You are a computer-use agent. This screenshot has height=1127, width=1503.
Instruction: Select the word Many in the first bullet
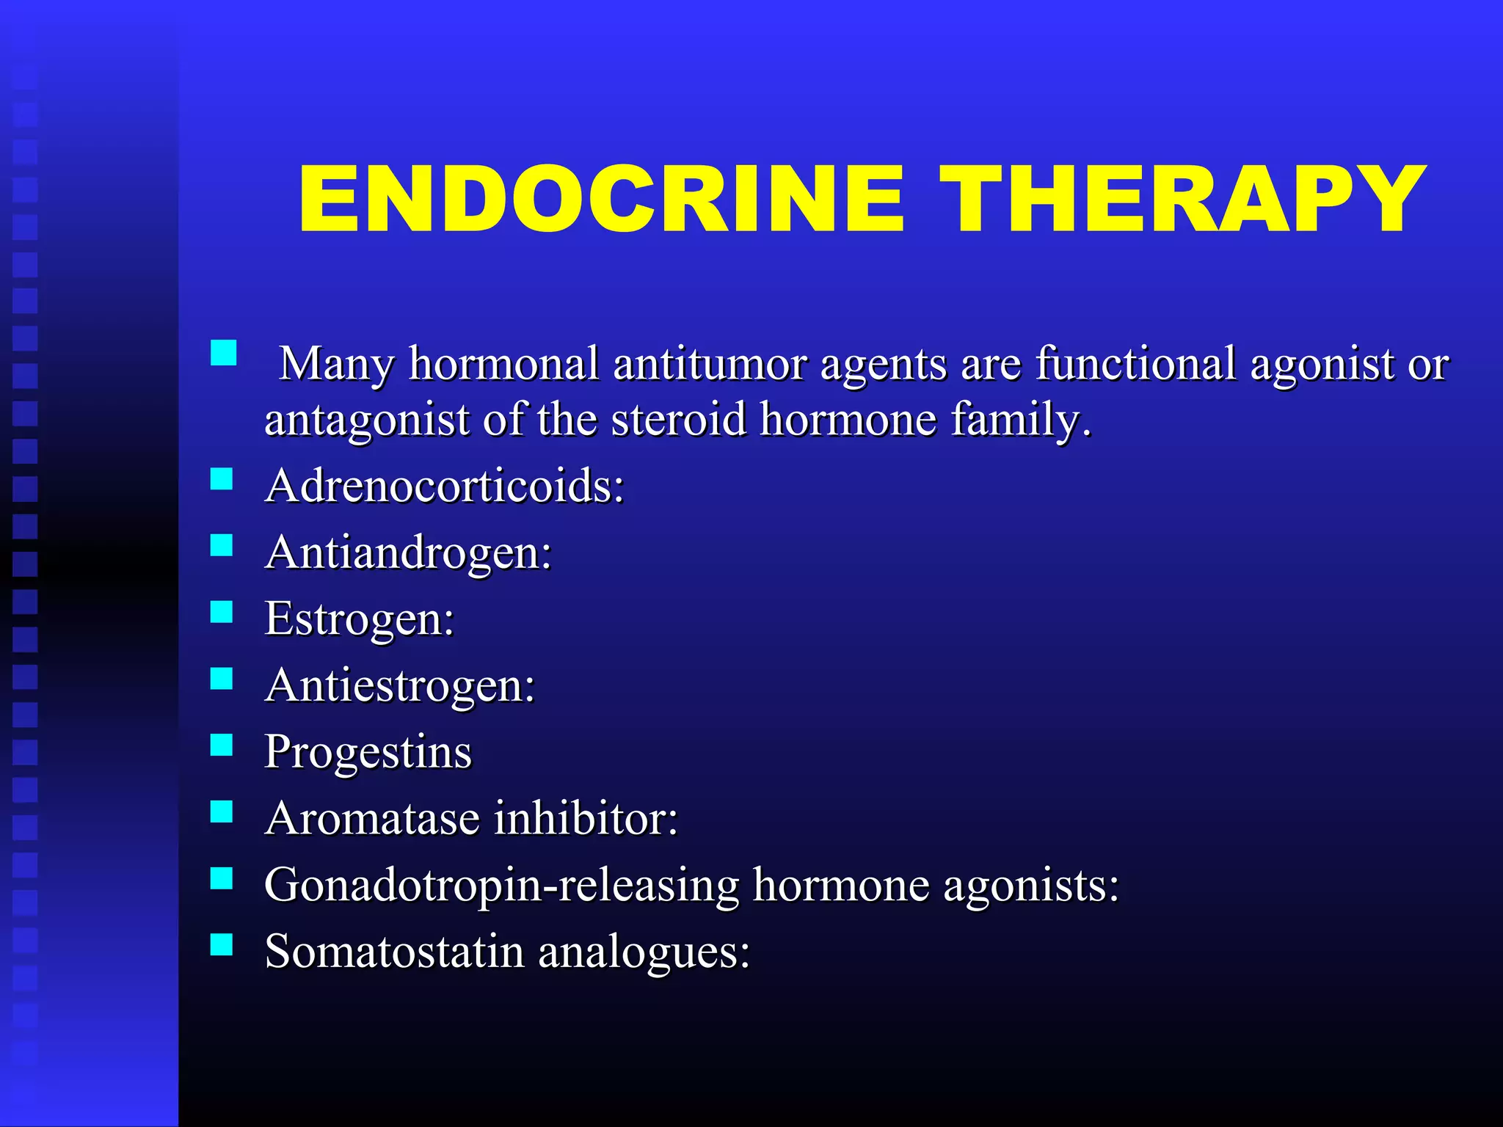point(338,365)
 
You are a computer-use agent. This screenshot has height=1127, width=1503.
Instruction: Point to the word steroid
point(678,420)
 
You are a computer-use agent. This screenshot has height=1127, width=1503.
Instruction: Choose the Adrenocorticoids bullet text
point(444,486)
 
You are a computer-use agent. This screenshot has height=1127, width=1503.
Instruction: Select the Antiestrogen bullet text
point(400,686)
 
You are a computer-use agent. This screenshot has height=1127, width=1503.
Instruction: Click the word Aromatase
point(372,818)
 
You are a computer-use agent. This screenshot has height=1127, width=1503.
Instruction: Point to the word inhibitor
point(585,818)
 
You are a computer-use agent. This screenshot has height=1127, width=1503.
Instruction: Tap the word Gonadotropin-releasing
point(502,886)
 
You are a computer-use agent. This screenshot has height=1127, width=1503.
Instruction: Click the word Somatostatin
point(394,952)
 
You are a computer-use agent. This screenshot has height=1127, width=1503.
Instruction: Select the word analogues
point(644,953)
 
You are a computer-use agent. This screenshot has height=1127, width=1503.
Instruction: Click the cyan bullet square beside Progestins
point(222,745)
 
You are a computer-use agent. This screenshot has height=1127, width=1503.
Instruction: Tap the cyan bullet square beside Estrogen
point(222,612)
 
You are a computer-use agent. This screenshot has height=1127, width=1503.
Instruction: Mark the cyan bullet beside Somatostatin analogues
point(222,944)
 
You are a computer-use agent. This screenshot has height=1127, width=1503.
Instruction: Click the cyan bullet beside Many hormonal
point(223,353)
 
